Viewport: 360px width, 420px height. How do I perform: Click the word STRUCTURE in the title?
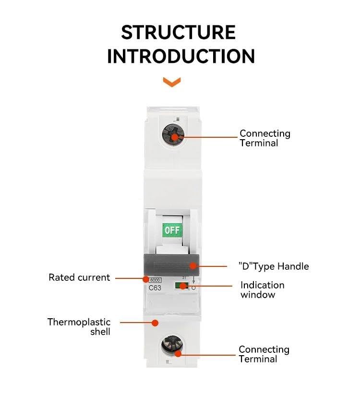click(x=178, y=33)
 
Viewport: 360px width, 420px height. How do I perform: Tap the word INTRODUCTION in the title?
click(x=181, y=56)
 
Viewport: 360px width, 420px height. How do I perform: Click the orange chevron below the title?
click(x=172, y=82)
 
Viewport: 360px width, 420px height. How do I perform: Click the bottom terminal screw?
click(x=172, y=346)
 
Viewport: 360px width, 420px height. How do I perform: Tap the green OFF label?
click(x=172, y=230)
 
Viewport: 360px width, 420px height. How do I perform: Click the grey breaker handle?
click(x=171, y=265)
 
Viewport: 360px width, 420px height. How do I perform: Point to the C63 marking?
click(x=155, y=288)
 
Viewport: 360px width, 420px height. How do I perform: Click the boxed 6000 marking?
click(x=155, y=280)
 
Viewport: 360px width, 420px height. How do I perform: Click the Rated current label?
click(x=79, y=277)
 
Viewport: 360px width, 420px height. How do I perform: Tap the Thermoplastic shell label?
click(x=79, y=327)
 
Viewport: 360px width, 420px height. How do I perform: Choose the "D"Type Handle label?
click(x=274, y=266)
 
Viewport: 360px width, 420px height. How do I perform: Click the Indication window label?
click(x=263, y=290)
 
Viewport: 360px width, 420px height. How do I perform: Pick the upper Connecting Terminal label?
click(x=265, y=138)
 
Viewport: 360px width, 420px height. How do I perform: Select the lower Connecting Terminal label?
click(x=264, y=354)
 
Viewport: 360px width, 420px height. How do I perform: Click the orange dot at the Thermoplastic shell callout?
click(x=155, y=323)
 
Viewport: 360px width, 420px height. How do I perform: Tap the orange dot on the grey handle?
click(x=193, y=266)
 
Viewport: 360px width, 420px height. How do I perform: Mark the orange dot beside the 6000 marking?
click(x=146, y=279)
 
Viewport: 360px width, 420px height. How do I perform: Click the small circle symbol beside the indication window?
click(x=193, y=288)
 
